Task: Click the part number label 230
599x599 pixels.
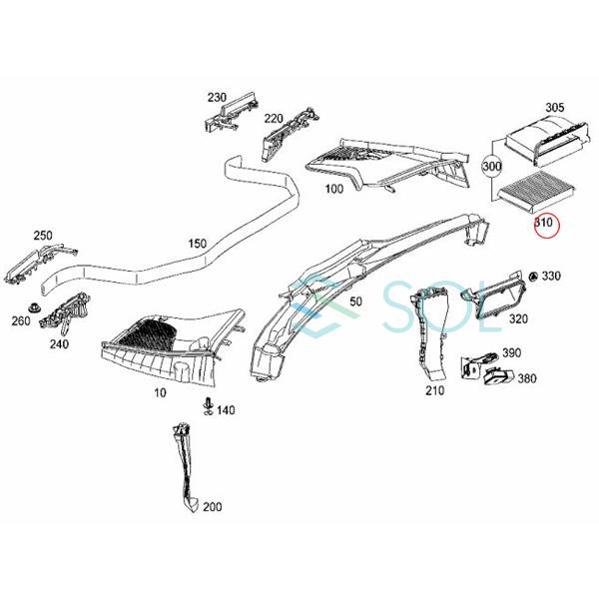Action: [x=217, y=98]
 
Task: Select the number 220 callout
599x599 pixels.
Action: [x=273, y=120]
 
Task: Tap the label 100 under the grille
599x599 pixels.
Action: [x=333, y=187]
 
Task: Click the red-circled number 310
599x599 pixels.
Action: [x=544, y=223]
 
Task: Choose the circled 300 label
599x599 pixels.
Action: [x=490, y=167]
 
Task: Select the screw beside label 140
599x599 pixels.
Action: [x=208, y=403]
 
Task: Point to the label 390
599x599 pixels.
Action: [x=511, y=353]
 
